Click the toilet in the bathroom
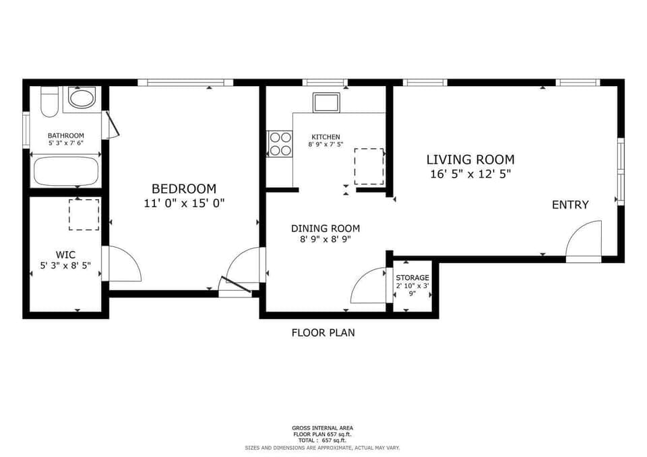(49, 102)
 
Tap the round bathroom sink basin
(82, 98)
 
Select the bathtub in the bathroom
(66, 171)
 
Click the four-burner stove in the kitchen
(280, 144)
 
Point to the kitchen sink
(326, 102)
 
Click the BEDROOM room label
(184, 188)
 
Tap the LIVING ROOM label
(470, 160)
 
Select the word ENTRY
(570, 205)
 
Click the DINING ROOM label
(326, 228)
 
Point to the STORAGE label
(412, 278)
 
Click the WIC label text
(66, 254)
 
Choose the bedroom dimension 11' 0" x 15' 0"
(184, 203)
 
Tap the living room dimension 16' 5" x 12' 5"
(470, 174)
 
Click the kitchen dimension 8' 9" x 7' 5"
(326, 144)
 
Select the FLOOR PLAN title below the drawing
(323, 332)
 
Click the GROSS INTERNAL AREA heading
(322, 428)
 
